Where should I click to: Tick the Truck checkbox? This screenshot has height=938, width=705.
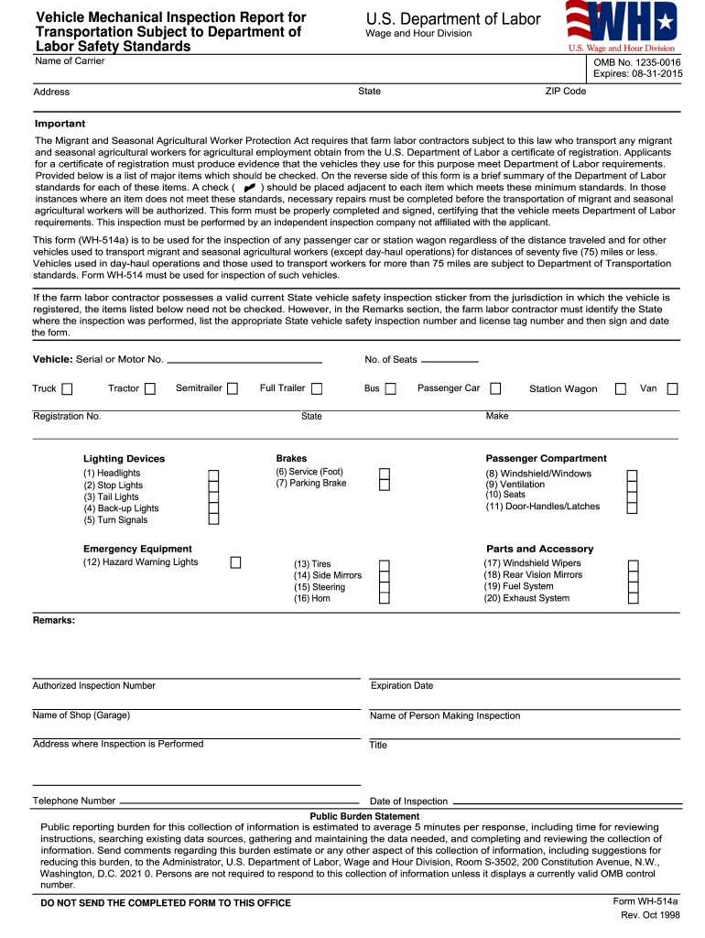pyautogui.click(x=68, y=388)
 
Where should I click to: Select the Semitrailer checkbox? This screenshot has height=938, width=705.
pyautogui.click(x=233, y=388)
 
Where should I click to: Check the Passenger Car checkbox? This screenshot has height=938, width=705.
pyautogui.click(x=495, y=388)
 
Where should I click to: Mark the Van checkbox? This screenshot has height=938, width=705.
pyautogui.click(x=672, y=388)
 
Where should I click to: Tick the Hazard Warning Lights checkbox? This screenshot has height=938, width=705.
pyautogui.click(x=235, y=562)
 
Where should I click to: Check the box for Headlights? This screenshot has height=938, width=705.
pyautogui.click(x=213, y=475)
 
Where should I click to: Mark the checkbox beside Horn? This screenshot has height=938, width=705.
pyautogui.click(x=385, y=598)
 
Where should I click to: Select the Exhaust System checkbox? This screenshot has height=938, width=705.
pyautogui.click(x=633, y=598)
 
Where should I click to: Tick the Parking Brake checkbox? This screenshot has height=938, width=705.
pyautogui.click(x=385, y=484)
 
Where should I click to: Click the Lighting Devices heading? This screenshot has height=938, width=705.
pyautogui.click(x=125, y=459)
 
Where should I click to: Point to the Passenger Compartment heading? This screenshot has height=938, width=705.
pyautogui.click(x=546, y=458)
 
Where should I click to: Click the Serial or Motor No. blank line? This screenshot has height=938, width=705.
pyautogui.click(x=244, y=361)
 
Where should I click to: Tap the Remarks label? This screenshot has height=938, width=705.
pyautogui.click(x=54, y=620)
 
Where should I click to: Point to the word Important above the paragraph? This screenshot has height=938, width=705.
pyautogui.click(x=60, y=124)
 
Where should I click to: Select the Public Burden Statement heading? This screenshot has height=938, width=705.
pyautogui.click(x=364, y=816)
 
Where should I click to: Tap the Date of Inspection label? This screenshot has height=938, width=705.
pyautogui.click(x=408, y=801)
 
